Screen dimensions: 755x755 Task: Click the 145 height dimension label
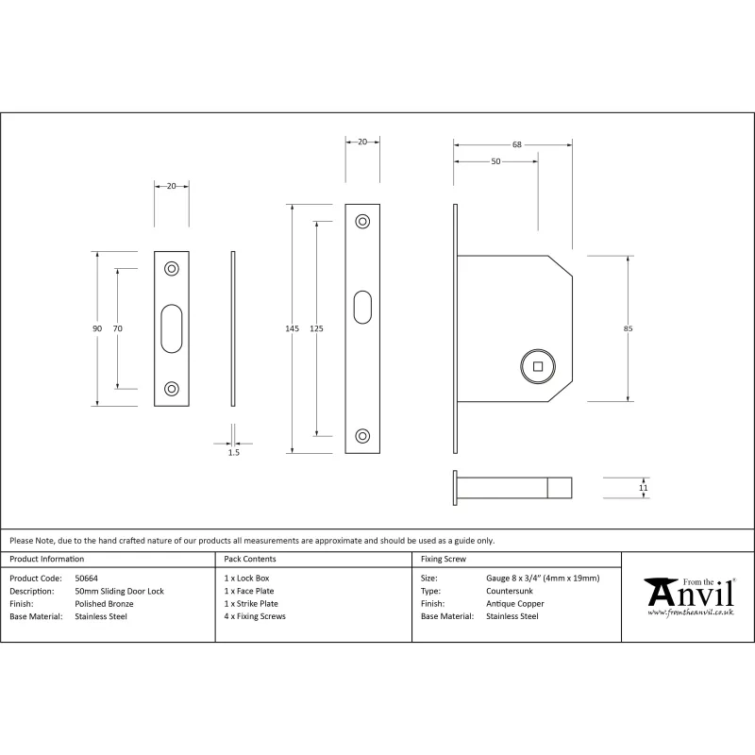point(293,328)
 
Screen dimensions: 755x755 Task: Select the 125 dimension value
point(316,328)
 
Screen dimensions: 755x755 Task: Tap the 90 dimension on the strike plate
point(97,328)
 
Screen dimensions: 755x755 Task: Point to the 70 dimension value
point(117,328)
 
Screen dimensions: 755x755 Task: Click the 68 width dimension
point(516,144)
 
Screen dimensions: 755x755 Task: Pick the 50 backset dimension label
point(496,161)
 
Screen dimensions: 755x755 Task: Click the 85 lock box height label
point(628,328)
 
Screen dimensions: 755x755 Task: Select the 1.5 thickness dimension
point(233,452)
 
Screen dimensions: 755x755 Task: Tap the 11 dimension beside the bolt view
point(644,488)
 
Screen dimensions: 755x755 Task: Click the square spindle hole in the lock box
point(538,366)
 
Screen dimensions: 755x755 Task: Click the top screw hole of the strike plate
point(172,269)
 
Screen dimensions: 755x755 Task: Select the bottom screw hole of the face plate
point(362,436)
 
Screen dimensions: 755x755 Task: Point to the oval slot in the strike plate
point(172,328)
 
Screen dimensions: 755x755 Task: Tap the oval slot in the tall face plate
point(362,308)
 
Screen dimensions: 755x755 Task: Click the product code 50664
point(86,579)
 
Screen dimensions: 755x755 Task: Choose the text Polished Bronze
point(104,604)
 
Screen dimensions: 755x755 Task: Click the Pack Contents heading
point(250,559)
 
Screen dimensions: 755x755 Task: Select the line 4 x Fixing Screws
point(255,616)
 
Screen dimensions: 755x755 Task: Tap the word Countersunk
point(510,591)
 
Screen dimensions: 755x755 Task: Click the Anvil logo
point(690,597)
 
